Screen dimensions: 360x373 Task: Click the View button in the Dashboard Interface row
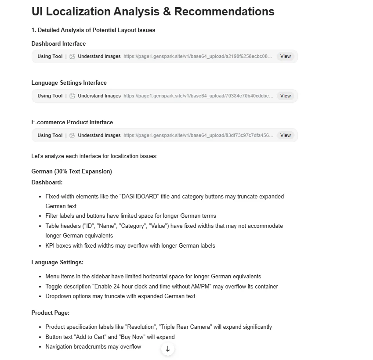tap(286, 56)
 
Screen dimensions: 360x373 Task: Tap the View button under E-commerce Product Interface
tap(286, 135)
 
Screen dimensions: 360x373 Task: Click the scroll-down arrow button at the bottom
tap(168, 349)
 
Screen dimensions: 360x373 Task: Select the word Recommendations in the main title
tap(224, 11)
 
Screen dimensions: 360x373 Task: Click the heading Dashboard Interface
tap(58, 43)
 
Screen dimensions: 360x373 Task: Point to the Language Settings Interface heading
tap(69, 83)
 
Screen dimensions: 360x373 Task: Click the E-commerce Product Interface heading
tap(72, 122)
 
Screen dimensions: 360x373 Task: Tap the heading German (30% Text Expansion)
tap(72, 171)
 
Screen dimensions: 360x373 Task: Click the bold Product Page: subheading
tap(50, 313)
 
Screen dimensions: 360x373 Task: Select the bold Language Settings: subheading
tap(57, 262)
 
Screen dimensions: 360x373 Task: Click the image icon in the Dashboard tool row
tap(72, 57)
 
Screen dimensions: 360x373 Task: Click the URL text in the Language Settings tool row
tap(198, 96)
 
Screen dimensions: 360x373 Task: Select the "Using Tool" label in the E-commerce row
tap(50, 135)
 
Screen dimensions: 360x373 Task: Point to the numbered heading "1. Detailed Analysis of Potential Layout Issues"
tap(93, 30)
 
